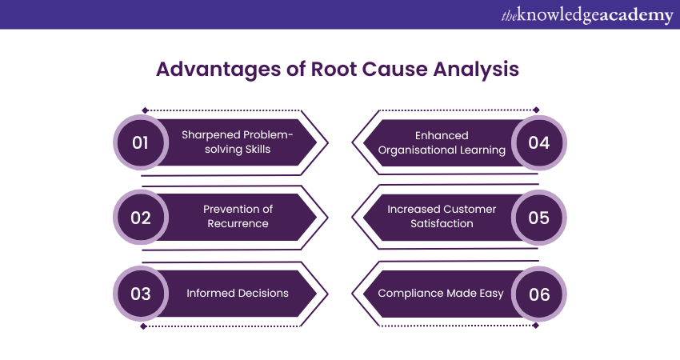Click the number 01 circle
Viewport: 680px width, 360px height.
pos(141,142)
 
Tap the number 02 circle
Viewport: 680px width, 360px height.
pos(141,217)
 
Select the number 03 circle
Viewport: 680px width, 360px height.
pos(141,294)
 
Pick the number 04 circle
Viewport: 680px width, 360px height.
pos(539,142)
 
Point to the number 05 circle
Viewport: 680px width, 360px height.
pos(539,217)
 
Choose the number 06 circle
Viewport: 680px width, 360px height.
pos(539,294)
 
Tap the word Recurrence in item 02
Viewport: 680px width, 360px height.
pos(238,224)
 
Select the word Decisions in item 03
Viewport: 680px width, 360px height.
pos(261,293)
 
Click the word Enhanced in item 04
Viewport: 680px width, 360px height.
pos(442,135)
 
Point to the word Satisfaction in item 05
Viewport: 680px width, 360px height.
pos(442,224)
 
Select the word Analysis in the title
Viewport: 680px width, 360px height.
pos(477,70)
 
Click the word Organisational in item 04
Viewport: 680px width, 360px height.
pos(419,150)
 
